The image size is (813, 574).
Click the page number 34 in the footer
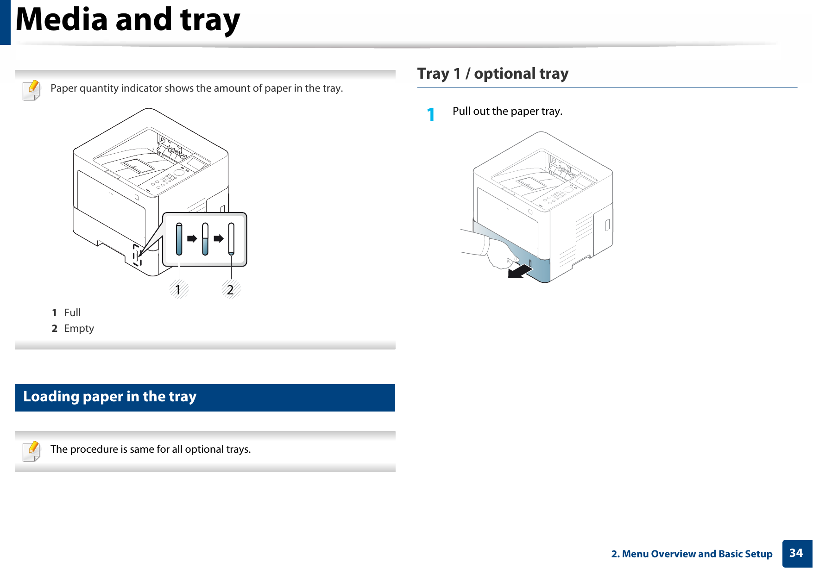[796, 553]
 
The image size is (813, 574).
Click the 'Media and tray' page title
[128, 20]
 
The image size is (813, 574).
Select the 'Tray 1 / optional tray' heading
[493, 74]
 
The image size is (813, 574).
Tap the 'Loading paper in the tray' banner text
[110, 397]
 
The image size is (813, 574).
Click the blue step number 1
[431, 114]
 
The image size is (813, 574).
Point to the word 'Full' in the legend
[72, 312]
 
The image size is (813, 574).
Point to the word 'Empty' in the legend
[79, 329]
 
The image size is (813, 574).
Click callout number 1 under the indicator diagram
[178, 290]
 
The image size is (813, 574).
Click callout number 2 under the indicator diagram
[230, 290]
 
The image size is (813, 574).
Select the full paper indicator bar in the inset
[179, 239]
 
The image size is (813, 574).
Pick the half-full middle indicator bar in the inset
[205, 239]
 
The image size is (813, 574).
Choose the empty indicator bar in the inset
[231, 239]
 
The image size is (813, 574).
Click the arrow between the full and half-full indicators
[192, 239]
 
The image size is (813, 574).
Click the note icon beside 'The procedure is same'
[32, 451]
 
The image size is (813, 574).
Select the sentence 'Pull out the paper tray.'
[507, 112]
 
